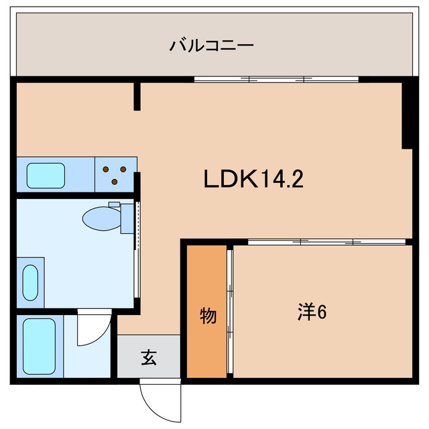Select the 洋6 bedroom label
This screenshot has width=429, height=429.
click(312, 312)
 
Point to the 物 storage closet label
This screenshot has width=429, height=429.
click(208, 315)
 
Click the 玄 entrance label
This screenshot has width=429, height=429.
click(148, 358)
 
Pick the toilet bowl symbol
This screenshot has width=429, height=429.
click(101, 217)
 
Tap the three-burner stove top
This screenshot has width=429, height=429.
click(115, 174)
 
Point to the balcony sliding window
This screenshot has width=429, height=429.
click(276, 79)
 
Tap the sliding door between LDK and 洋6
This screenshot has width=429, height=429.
click(328, 241)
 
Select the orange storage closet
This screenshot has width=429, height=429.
click(207, 311)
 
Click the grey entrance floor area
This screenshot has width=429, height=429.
click(149, 356)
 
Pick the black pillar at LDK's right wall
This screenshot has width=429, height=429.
click(407, 115)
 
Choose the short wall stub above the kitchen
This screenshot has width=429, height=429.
click(137, 96)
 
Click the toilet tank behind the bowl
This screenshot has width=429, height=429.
click(127, 219)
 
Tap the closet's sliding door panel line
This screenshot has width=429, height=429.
click(230, 312)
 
